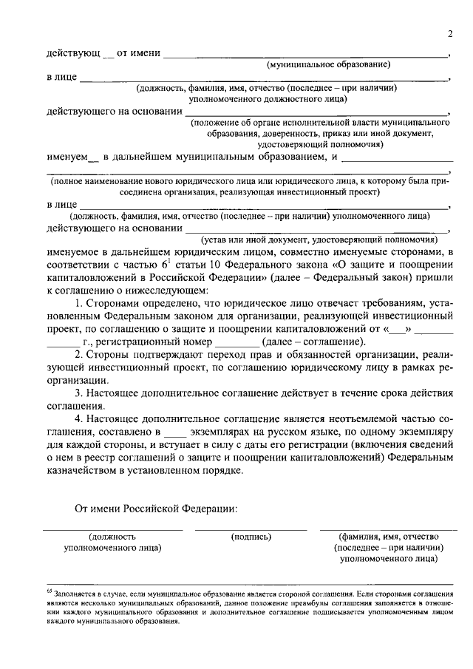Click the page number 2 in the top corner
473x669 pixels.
tap(449, 35)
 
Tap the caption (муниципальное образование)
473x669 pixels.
tap(328, 65)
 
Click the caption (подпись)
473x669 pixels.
tap(251, 536)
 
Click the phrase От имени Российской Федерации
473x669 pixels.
tap(157, 509)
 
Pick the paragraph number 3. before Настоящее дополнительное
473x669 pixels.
tap(81, 392)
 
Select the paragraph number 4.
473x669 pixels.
tap(81, 418)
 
